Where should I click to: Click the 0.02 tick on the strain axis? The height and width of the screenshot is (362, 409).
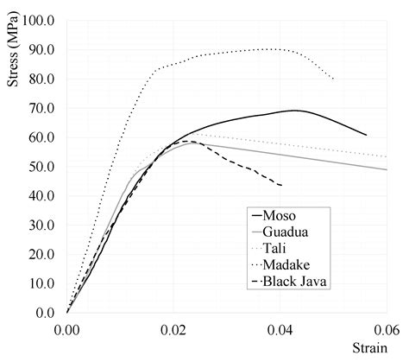[x=173, y=329]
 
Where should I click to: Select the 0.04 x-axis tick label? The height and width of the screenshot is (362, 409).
[x=280, y=329]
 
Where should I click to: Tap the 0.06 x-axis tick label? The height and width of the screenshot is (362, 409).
[x=387, y=329]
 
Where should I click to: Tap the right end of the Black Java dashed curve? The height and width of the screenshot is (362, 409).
[x=281, y=185]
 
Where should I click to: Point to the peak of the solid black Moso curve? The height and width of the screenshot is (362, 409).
[x=296, y=111]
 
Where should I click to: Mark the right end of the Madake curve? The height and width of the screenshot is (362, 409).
[x=334, y=79]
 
